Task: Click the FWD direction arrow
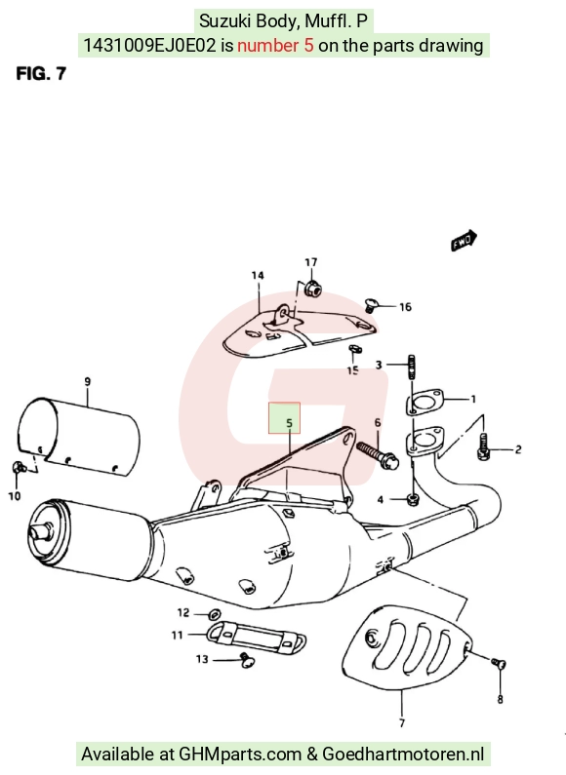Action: point(465,240)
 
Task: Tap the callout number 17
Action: point(310,262)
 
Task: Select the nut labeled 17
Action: point(311,288)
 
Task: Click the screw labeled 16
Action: point(370,305)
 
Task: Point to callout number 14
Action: point(258,275)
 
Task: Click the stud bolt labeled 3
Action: point(411,367)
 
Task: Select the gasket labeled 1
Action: point(424,402)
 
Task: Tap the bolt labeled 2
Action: point(484,446)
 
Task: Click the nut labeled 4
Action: point(412,499)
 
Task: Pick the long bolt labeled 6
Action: point(378,456)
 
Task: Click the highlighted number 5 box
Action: point(285,417)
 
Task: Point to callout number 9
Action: point(88,381)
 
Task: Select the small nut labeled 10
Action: point(18,466)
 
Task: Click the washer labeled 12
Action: point(215,614)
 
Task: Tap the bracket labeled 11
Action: point(257,637)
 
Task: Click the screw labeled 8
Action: point(499,663)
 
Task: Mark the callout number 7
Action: point(402,722)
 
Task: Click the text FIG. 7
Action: point(41,74)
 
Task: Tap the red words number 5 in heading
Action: point(275,46)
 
